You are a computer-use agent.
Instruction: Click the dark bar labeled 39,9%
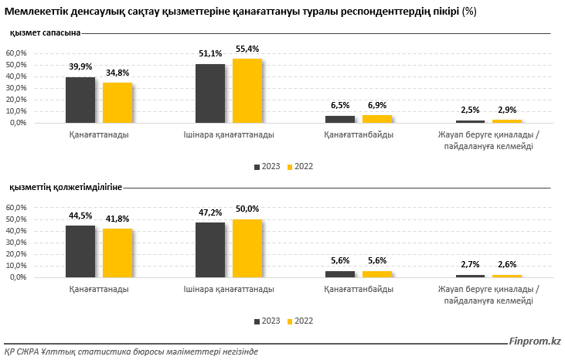[x=80, y=100]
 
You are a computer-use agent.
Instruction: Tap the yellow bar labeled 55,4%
[x=247, y=91]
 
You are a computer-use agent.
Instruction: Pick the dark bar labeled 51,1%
[x=210, y=93]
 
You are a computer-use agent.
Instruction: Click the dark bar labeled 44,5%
[x=80, y=251]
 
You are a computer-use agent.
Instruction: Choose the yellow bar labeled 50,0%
[x=247, y=248]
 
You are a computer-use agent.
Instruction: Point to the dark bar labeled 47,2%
[x=210, y=250]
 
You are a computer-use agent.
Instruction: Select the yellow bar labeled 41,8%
[x=117, y=253]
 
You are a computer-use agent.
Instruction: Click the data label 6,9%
[x=377, y=105]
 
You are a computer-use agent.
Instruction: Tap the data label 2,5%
[x=470, y=110]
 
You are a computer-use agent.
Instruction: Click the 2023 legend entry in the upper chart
[x=267, y=166]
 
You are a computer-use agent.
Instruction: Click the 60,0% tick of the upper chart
[x=17, y=53]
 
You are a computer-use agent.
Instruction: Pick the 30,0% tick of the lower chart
[x=17, y=243]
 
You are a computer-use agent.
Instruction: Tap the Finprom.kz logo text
[x=535, y=341]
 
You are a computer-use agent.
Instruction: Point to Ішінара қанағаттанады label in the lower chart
[x=229, y=289]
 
